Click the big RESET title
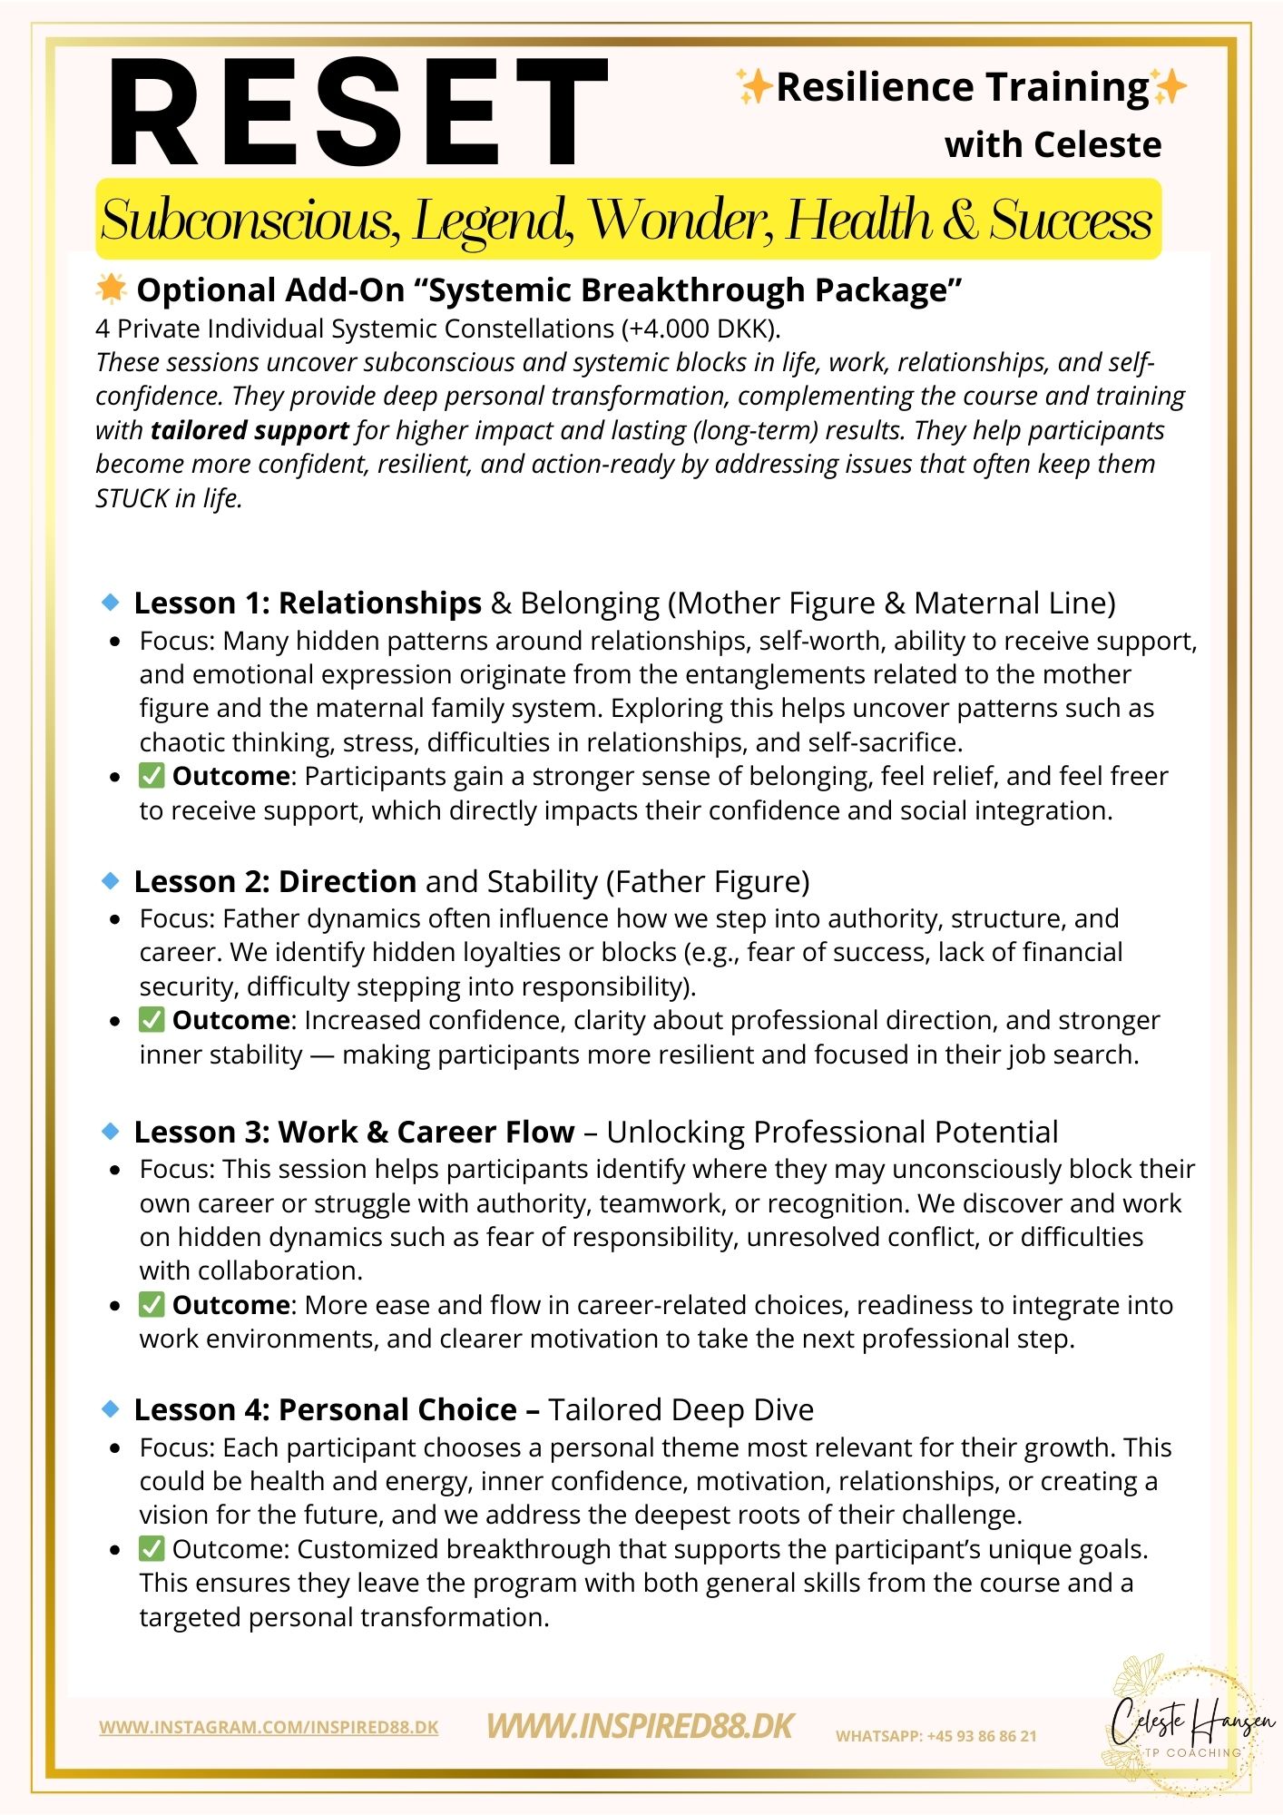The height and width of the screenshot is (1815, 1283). coord(357,113)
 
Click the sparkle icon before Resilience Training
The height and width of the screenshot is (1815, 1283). coord(752,88)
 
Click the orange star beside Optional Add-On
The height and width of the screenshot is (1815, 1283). coord(111,289)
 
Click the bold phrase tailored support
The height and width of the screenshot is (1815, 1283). coord(250,430)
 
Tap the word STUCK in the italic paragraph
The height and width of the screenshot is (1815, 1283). coord(132,498)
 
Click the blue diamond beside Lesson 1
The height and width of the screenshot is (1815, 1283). coord(111,602)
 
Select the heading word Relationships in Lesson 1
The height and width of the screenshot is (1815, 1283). coord(379,603)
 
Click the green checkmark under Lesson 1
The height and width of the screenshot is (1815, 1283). coord(152,776)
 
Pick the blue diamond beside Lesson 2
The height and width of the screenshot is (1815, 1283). coord(111,880)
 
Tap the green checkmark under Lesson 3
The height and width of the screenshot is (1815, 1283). coord(152,1305)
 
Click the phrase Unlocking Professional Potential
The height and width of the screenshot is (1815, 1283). coord(832,1133)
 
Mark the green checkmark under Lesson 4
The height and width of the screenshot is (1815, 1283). coord(152,1549)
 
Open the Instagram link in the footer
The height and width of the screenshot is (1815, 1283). coord(269,1728)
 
